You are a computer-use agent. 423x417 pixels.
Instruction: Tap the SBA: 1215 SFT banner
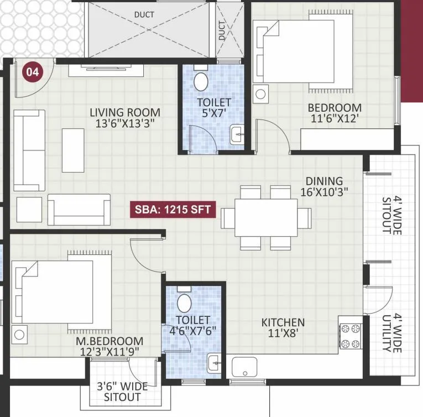click(x=173, y=210)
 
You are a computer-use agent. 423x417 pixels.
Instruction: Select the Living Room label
click(x=125, y=113)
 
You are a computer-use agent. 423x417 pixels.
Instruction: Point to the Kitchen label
click(x=283, y=322)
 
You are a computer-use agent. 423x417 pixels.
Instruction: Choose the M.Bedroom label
click(x=109, y=341)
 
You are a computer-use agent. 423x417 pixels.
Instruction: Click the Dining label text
click(x=325, y=181)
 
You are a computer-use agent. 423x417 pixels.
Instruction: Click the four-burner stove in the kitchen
click(x=350, y=337)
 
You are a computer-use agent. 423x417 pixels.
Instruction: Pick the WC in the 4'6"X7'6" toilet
click(x=185, y=303)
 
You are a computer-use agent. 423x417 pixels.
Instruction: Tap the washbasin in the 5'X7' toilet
click(x=237, y=134)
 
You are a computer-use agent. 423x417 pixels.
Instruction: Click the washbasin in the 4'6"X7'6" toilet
click(x=214, y=364)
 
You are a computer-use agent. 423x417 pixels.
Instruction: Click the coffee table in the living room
click(x=73, y=150)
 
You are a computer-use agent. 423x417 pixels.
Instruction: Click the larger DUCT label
click(x=144, y=14)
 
